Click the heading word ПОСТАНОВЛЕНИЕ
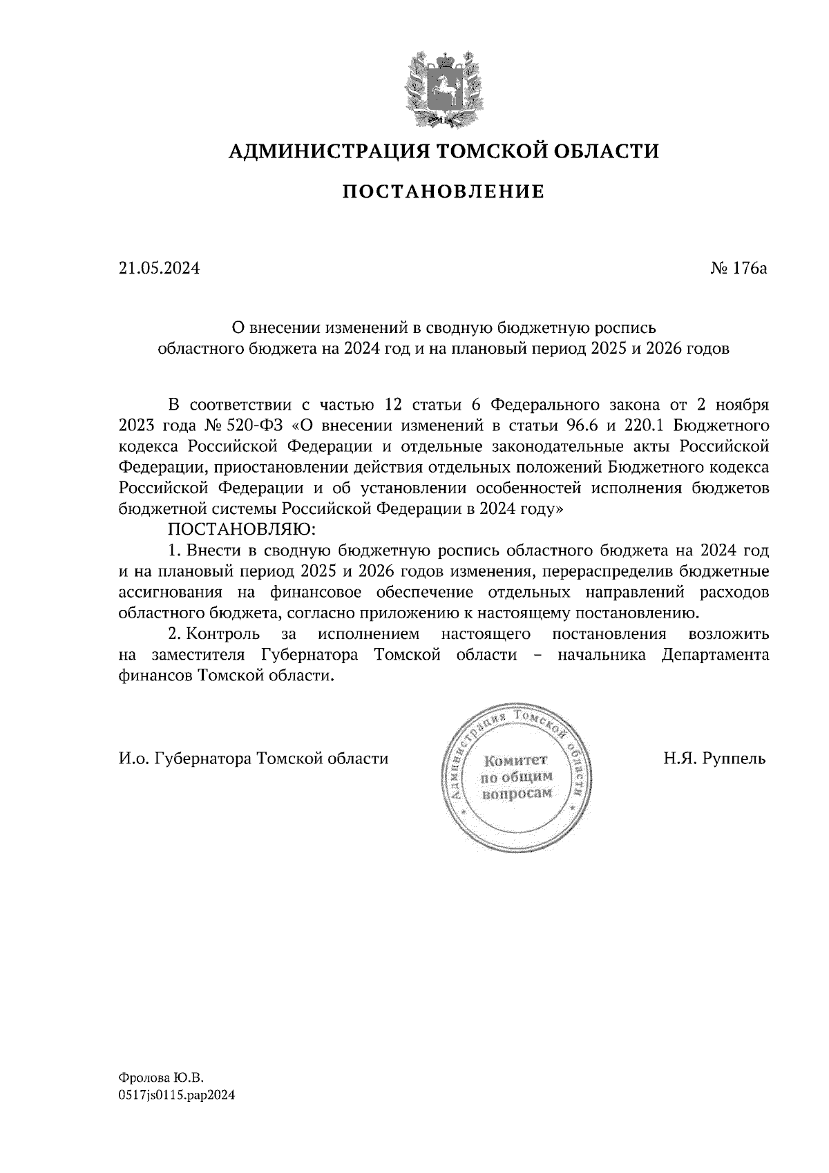click(x=444, y=191)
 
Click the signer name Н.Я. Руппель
click(x=715, y=759)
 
